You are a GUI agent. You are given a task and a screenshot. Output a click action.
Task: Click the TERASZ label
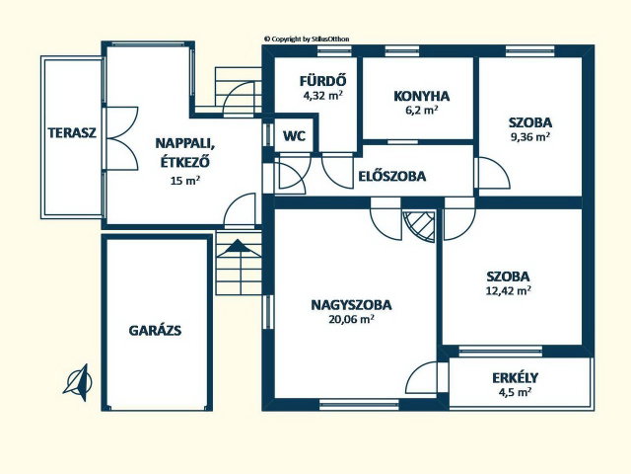(x=72, y=133)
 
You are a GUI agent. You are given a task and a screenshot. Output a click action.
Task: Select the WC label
(x=294, y=136)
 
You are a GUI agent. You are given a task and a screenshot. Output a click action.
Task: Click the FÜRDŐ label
(x=322, y=81)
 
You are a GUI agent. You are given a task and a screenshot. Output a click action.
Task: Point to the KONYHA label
(x=421, y=97)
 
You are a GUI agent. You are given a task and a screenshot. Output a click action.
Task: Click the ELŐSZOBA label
(x=392, y=176)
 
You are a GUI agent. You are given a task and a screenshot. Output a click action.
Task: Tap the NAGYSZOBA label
(x=351, y=305)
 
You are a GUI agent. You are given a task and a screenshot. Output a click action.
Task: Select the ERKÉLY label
(x=515, y=378)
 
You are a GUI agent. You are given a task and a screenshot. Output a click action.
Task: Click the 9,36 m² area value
(x=530, y=137)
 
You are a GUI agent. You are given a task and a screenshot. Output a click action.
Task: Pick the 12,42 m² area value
(x=509, y=290)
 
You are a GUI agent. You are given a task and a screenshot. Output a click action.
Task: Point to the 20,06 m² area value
(x=351, y=319)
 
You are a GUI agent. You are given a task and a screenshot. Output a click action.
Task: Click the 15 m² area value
(x=185, y=181)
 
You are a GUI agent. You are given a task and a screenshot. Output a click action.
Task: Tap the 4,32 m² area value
(x=322, y=96)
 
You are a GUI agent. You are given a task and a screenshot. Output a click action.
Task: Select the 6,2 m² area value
(x=421, y=110)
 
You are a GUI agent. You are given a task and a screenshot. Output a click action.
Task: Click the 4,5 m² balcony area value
(x=515, y=392)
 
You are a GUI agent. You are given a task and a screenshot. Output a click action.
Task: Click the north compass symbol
(x=79, y=382)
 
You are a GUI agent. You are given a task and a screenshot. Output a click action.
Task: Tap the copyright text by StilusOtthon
(x=307, y=39)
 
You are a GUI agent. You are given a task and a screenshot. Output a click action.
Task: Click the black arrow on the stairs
(x=239, y=246)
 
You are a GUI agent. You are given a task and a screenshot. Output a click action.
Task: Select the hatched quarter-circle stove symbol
(x=419, y=226)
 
